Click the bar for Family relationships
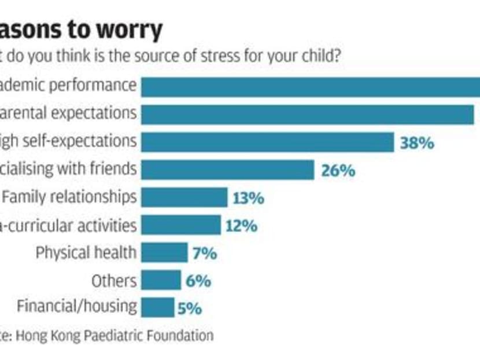click(x=184, y=197)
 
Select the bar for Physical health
click(x=164, y=253)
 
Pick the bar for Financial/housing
click(x=157, y=307)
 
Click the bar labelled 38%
click(x=268, y=142)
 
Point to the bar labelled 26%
click(x=228, y=170)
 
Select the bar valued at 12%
click(x=181, y=225)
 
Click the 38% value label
click(x=416, y=142)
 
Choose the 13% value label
click(x=248, y=199)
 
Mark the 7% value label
click(x=205, y=254)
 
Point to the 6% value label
click(x=198, y=282)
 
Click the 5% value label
click(x=190, y=308)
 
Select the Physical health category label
click(x=86, y=253)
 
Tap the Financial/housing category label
click(x=77, y=306)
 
